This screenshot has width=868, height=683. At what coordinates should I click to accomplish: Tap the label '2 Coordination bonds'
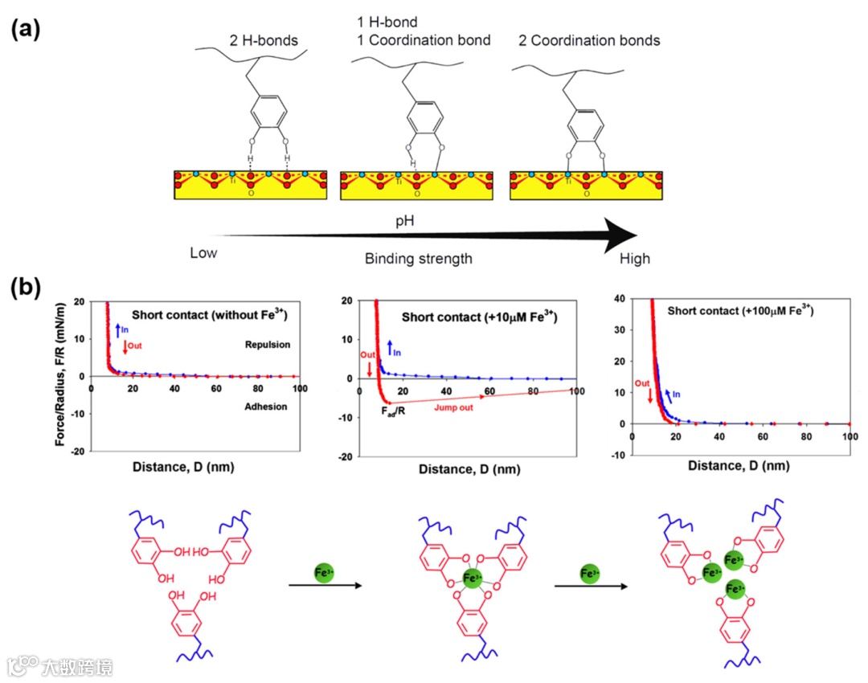[591, 41]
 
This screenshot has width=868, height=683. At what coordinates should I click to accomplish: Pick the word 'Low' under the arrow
[204, 253]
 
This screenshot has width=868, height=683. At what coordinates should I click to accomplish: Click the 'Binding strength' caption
[418, 259]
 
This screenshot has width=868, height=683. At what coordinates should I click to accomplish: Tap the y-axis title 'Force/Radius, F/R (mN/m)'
[59, 376]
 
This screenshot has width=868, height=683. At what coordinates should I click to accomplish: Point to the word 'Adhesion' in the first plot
[265, 407]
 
